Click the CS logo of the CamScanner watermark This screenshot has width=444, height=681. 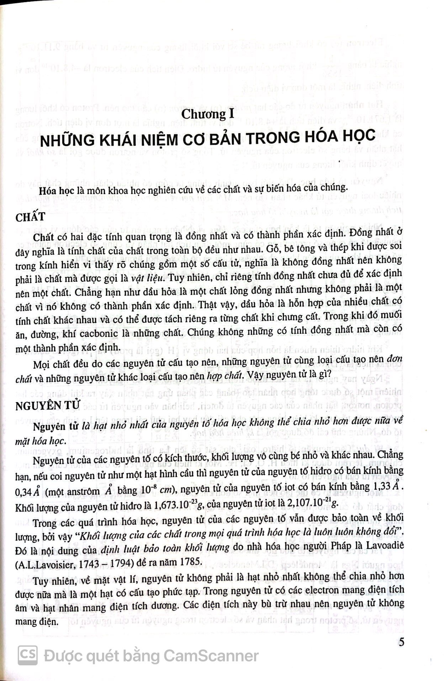(x=28, y=656)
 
